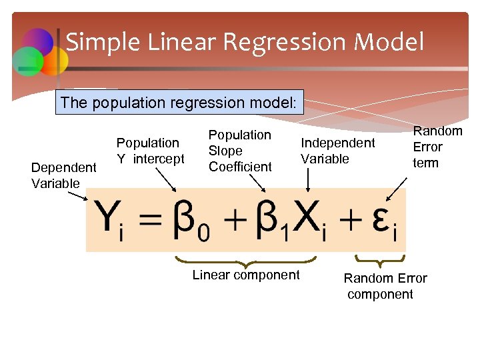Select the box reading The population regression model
(x=179, y=103)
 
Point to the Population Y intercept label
(x=150, y=150)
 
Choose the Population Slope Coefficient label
(x=240, y=151)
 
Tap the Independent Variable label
(x=337, y=151)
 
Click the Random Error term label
(x=437, y=147)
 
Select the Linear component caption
(x=246, y=275)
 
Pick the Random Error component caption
(x=385, y=286)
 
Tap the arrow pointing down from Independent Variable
(x=307, y=179)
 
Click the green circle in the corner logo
(x=28, y=61)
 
